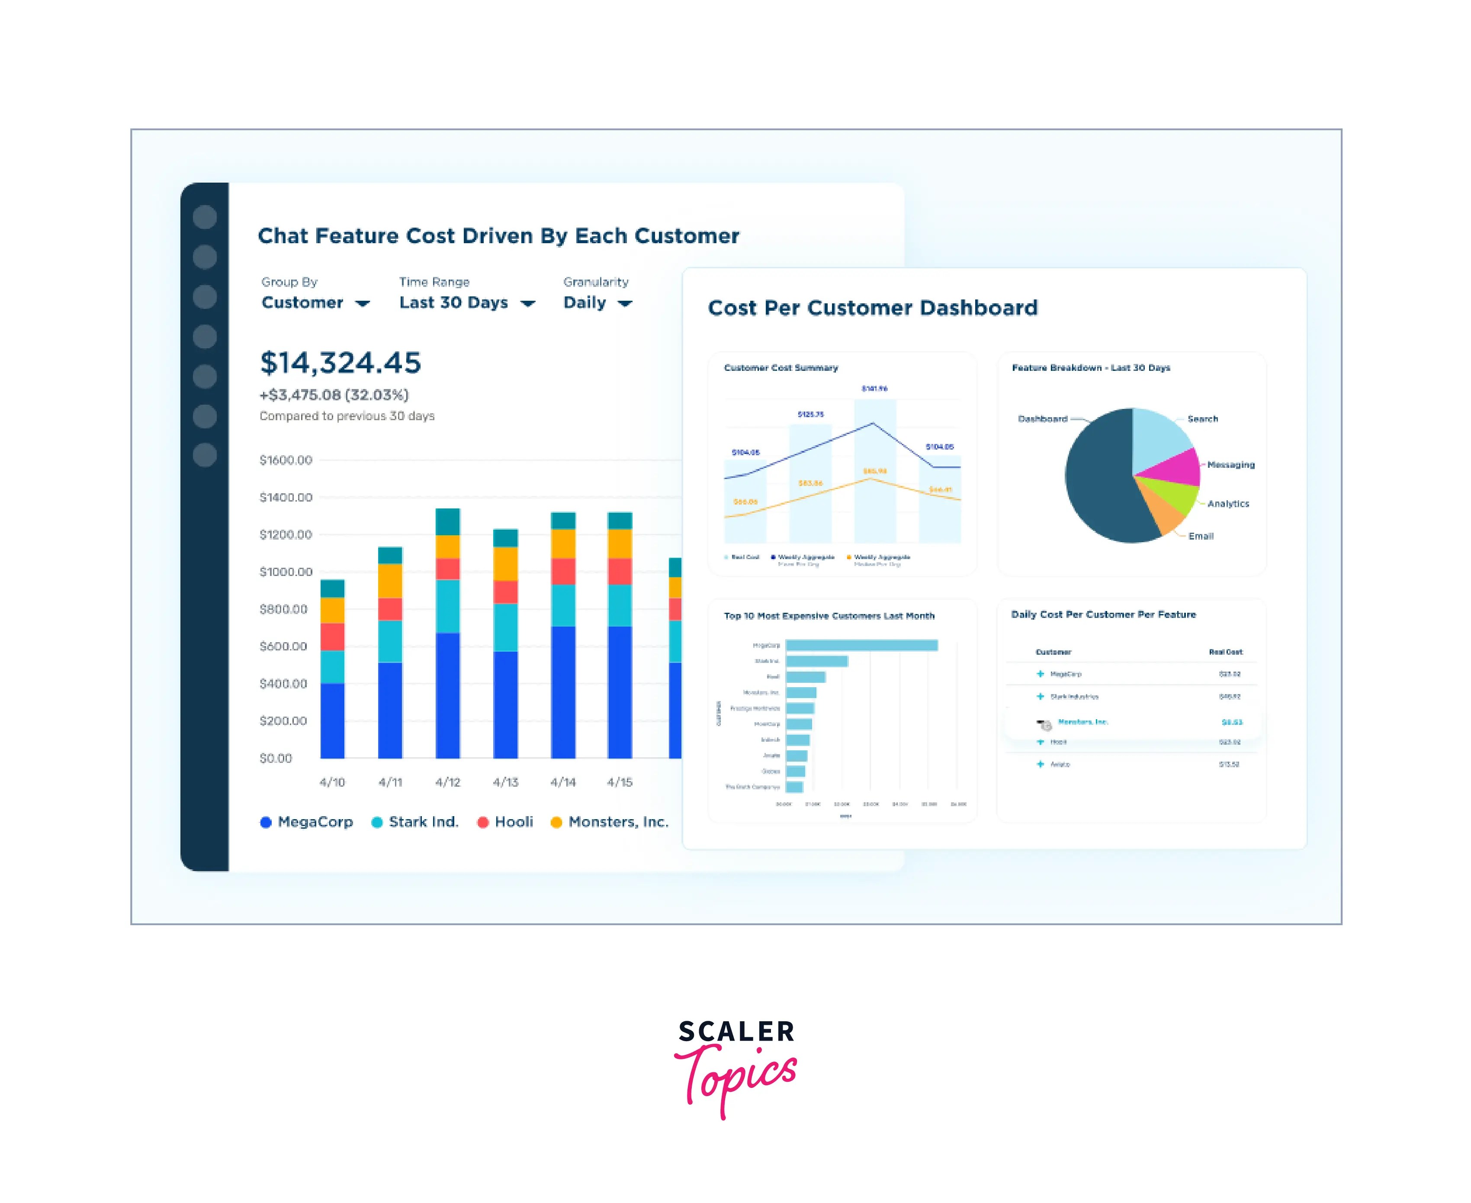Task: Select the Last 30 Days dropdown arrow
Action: [528, 303]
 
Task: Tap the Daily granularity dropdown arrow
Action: [625, 303]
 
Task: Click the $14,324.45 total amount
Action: [340, 363]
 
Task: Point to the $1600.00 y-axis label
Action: [286, 460]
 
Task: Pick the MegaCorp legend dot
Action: [265, 823]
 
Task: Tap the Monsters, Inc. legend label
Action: [618, 822]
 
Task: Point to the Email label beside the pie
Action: [1201, 536]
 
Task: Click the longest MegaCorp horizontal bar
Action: [861, 645]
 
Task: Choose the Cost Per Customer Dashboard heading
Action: [872, 308]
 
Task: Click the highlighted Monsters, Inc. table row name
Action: [1083, 722]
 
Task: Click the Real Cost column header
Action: [1225, 652]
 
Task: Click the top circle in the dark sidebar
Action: [204, 217]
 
